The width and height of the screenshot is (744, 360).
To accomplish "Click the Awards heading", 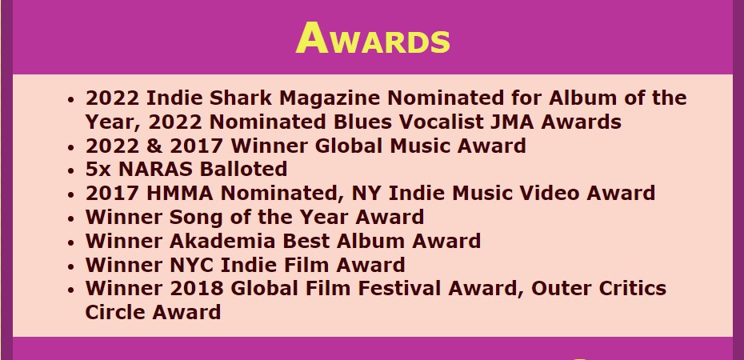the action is click(373, 38).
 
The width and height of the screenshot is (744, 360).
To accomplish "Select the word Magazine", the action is click(330, 98).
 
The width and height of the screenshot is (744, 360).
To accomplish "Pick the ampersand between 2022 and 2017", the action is click(154, 146).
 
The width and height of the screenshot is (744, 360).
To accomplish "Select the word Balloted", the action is click(243, 170).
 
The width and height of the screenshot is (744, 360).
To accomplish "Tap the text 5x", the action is click(98, 170).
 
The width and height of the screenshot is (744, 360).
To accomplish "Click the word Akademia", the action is click(218, 241).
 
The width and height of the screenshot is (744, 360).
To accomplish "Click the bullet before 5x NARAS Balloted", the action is click(70, 170).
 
